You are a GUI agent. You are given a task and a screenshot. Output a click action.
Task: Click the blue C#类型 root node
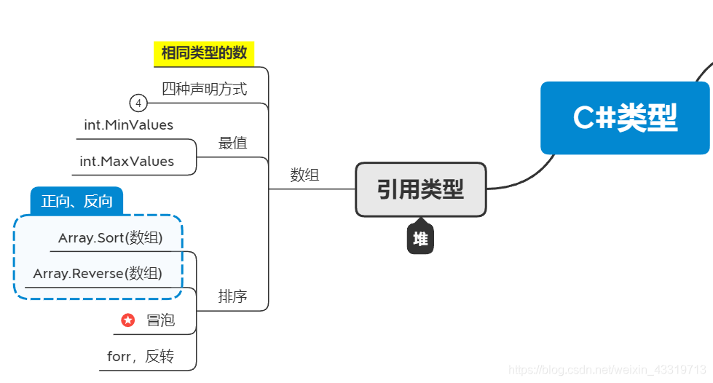click(625, 118)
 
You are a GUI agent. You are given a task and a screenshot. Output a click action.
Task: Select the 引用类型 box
click(420, 189)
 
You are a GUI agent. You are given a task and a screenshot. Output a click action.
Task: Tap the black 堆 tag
click(420, 239)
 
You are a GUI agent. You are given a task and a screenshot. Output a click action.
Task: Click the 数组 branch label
click(304, 175)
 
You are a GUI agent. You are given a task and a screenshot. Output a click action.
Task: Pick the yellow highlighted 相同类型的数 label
click(204, 53)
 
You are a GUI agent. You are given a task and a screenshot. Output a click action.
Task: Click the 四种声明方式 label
click(204, 89)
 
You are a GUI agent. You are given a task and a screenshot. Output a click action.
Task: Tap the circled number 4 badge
click(138, 103)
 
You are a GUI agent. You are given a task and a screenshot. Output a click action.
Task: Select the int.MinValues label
click(128, 125)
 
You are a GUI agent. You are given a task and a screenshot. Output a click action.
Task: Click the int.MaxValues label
click(127, 161)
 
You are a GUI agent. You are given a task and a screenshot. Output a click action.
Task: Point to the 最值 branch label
click(232, 143)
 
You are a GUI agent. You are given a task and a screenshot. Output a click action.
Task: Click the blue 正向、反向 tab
click(76, 201)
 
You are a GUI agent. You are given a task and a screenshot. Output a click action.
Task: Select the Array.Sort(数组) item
click(110, 238)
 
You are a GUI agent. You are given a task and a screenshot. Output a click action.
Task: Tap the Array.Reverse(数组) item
click(98, 274)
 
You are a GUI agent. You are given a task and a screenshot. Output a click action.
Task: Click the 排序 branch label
click(232, 296)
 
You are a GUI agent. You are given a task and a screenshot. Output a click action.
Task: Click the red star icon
click(127, 320)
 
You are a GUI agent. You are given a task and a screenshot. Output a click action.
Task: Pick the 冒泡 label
click(160, 320)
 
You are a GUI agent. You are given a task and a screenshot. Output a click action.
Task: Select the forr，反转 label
click(141, 357)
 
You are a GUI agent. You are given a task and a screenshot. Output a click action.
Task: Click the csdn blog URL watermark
click(607, 370)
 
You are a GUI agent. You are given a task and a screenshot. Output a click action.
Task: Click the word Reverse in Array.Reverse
click(98, 274)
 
